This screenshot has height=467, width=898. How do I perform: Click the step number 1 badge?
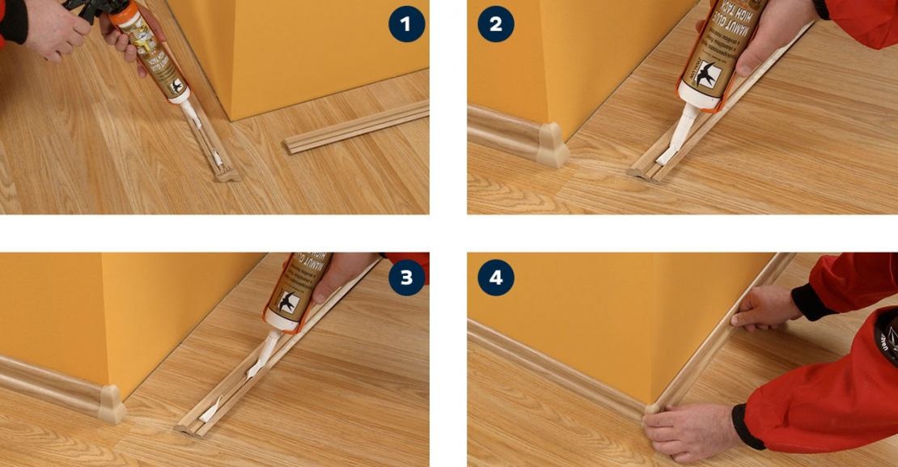(x=406, y=24)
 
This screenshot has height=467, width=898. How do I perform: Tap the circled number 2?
(x=495, y=24)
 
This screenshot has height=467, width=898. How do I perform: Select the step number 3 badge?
(x=406, y=278)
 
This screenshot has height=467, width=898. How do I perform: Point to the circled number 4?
(x=495, y=278)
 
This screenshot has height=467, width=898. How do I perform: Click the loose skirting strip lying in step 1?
(x=356, y=127)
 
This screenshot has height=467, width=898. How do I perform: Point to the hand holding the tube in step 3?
(x=340, y=275)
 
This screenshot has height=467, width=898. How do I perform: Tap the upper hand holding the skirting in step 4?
(x=765, y=306)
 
